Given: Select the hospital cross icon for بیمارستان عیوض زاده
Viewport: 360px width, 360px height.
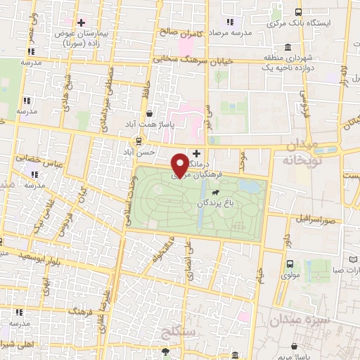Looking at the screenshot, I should [82, 22].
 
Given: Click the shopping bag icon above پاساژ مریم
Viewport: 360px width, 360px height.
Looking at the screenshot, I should [292, 347].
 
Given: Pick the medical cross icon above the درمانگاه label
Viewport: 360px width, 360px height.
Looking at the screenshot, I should [196, 153].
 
